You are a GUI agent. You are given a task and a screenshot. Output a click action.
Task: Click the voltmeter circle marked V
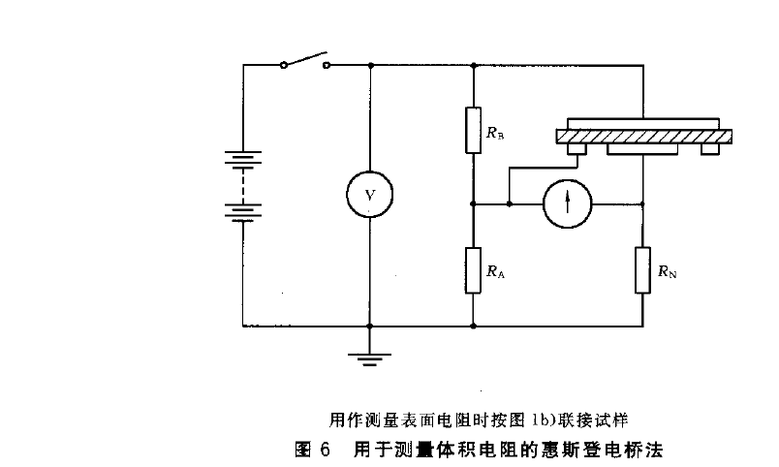tap(369, 195)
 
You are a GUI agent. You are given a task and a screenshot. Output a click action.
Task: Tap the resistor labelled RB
tap(472, 130)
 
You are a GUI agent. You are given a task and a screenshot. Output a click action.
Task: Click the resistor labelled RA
tap(472, 269)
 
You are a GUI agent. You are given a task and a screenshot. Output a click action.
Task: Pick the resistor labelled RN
tap(643, 269)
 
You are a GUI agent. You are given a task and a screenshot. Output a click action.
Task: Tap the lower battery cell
tap(241, 209)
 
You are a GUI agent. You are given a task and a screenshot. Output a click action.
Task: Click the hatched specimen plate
tap(643, 136)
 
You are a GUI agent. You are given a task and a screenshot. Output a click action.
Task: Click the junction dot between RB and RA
tap(472, 204)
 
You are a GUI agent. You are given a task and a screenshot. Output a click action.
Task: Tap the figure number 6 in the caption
tap(326, 449)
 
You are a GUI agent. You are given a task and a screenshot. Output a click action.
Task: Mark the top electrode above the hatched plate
tap(643, 123)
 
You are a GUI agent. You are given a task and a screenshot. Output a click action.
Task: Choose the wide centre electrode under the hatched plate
tap(643, 149)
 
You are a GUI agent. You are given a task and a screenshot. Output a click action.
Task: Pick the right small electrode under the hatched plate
tap(711, 148)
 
